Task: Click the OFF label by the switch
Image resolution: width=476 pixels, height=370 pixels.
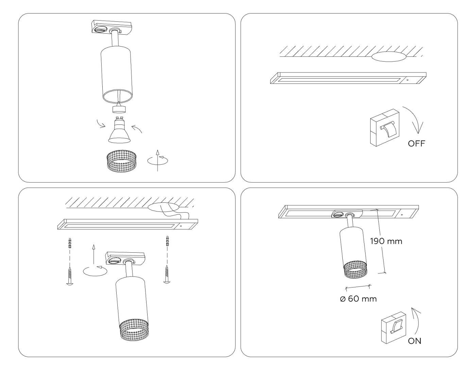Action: [x=416, y=144]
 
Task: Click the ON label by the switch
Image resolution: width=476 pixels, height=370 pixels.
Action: [x=414, y=341]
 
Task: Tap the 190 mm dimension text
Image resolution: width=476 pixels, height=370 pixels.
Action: [x=386, y=241]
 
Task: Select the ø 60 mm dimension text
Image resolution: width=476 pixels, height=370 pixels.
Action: [x=358, y=299]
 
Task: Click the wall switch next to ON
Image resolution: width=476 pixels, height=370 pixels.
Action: [x=393, y=328]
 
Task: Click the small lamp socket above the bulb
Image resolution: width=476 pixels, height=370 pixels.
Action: [x=119, y=109]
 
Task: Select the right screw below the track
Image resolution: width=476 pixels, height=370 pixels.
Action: [x=167, y=274]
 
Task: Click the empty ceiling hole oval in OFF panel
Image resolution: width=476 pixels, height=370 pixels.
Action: [x=389, y=57]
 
